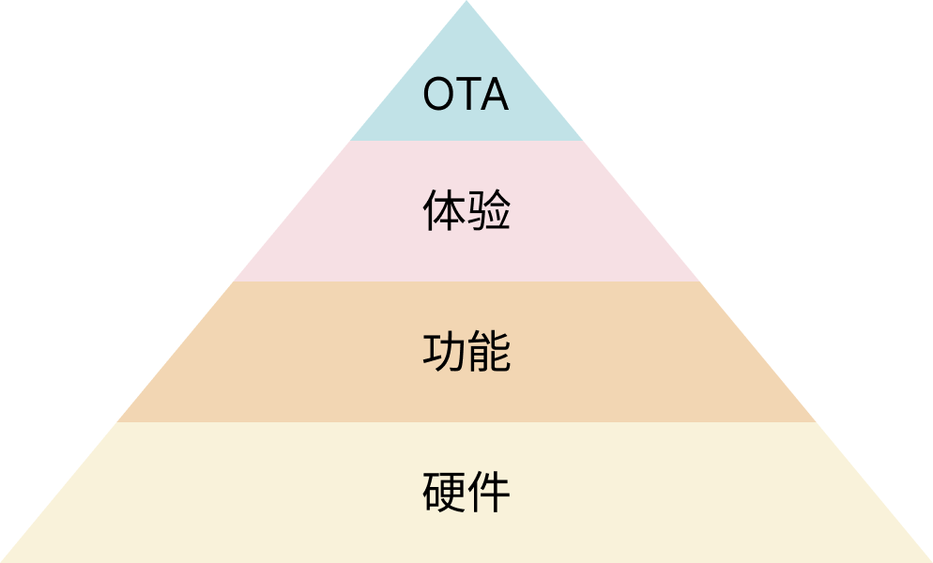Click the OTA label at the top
point(466,95)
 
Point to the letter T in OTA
point(466,95)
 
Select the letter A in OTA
point(493,95)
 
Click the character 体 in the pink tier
point(444,211)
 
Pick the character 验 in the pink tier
point(488,211)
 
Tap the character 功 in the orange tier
point(444,352)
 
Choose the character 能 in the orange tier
point(488,352)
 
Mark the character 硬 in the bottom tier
point(444,493)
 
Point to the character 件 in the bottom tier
point(488,493)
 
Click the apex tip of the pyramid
point(466,4)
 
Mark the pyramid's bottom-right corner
point(928,560)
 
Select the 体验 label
point(466,211)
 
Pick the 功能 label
point(466,352)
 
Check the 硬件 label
point(466,493)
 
